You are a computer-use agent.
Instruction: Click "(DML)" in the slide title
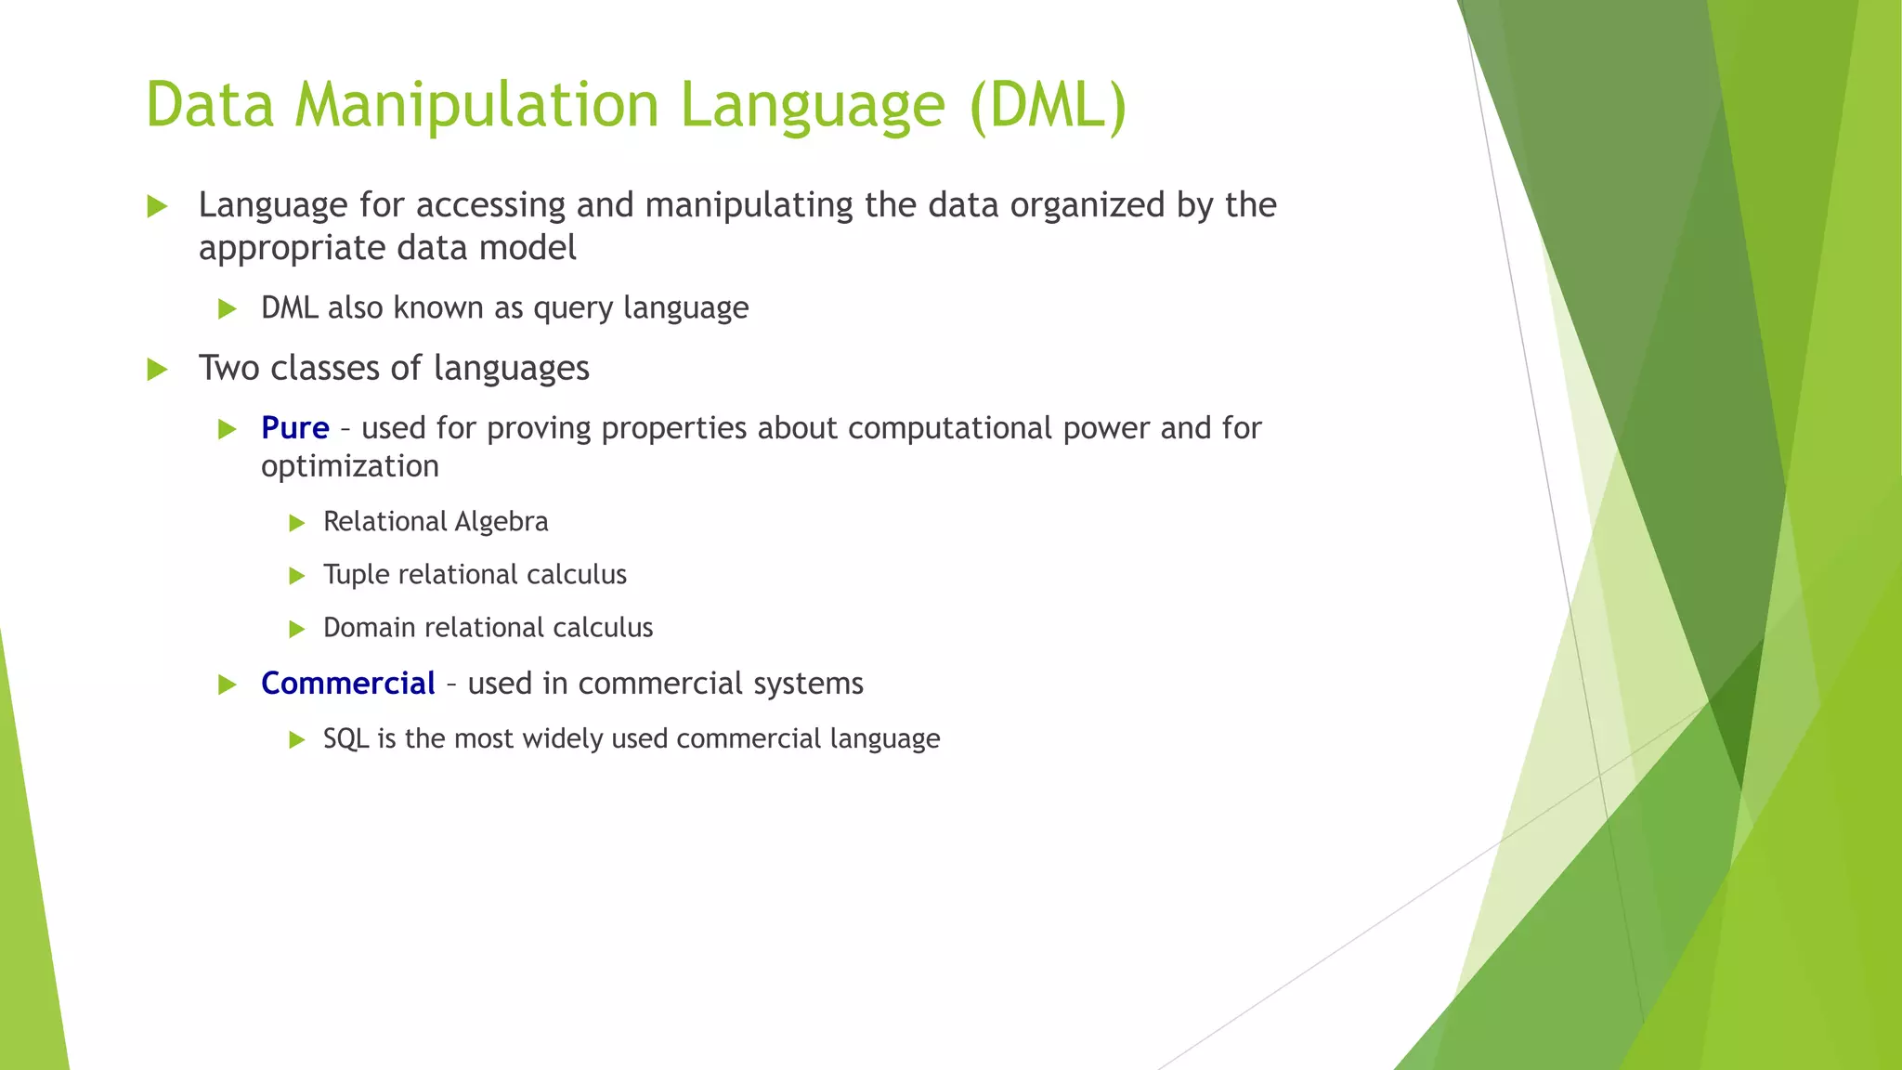tap(1048, 104)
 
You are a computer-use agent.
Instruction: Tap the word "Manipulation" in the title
tap(476, 104)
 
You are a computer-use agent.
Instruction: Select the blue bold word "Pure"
tap(294, 428)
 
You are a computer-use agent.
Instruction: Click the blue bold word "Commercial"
tap(347, 684)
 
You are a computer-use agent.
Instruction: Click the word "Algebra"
tap(505, 522)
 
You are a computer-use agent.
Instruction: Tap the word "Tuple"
tap(356, 575)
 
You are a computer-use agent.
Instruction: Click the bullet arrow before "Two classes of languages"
tap(157, 370)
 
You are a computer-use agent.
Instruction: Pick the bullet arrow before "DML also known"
tap(227, 309)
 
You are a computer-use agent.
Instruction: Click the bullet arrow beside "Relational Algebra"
tap(297, 523)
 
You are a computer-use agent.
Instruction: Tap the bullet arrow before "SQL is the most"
tap(297, 740)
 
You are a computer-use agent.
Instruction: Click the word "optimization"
tap(349, 466)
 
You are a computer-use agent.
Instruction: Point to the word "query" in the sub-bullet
tap(573, 308)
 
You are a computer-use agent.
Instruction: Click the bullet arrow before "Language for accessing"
tap(157, 206)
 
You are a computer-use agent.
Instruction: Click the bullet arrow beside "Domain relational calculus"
tap(297, 629)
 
